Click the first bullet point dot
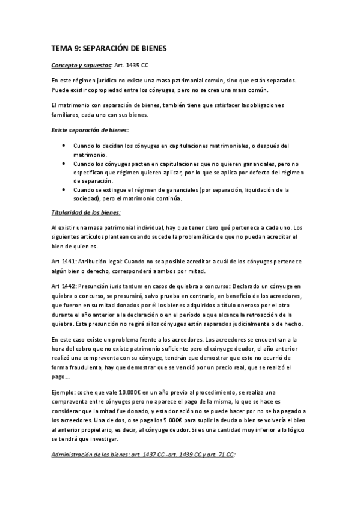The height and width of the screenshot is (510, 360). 64,146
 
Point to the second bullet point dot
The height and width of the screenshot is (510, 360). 64,163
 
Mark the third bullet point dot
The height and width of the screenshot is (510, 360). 64,190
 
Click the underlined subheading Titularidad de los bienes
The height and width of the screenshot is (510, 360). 86,212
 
